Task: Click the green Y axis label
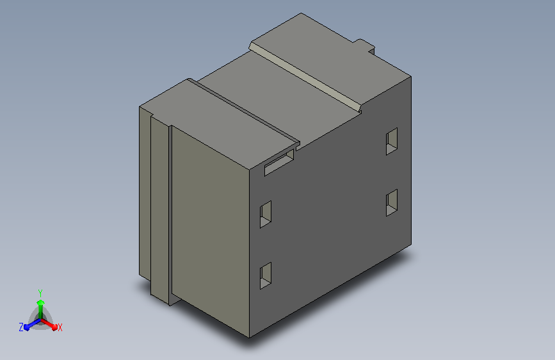click(x=40, y=293)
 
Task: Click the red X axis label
click(x=60, y=327)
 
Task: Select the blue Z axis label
click(x=21, y=327)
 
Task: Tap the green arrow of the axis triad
click(x=41, y=309)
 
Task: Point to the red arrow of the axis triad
click(x=49, y=324)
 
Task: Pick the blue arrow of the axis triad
click(x=33, y=324)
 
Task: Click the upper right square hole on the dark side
click(x=392, y=142)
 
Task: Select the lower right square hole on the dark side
click(x=392, y=202)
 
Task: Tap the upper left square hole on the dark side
click(x=266, y=215)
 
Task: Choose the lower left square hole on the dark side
click(x=266, y=275)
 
